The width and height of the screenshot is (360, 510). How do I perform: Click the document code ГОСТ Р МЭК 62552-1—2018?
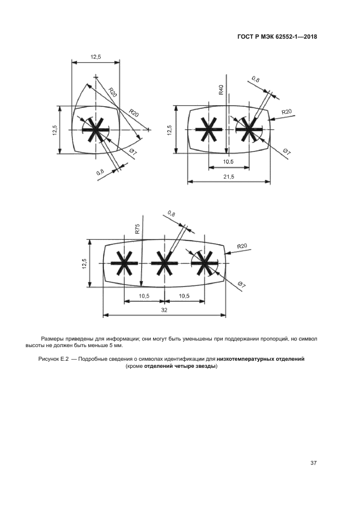coord(277,37)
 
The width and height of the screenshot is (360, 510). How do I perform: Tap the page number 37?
coord(314,463)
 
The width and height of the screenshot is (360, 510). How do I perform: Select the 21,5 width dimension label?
coord(229,177)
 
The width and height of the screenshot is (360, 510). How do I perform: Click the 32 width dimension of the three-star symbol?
coord(164,309)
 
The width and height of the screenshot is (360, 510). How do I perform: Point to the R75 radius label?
coord(138,229)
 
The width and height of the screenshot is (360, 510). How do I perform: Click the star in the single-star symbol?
coord(95,130)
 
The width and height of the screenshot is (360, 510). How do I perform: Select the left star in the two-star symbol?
coord(208,130)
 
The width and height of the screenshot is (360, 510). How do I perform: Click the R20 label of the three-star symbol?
coord(242,246)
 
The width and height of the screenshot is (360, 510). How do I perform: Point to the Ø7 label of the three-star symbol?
coord(242,285)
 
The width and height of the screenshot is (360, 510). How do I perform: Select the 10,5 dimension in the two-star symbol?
coord(228,162)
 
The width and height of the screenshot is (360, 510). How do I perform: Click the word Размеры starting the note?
coord(52,339)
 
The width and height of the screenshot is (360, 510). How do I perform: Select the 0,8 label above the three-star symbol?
coord(172,213)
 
